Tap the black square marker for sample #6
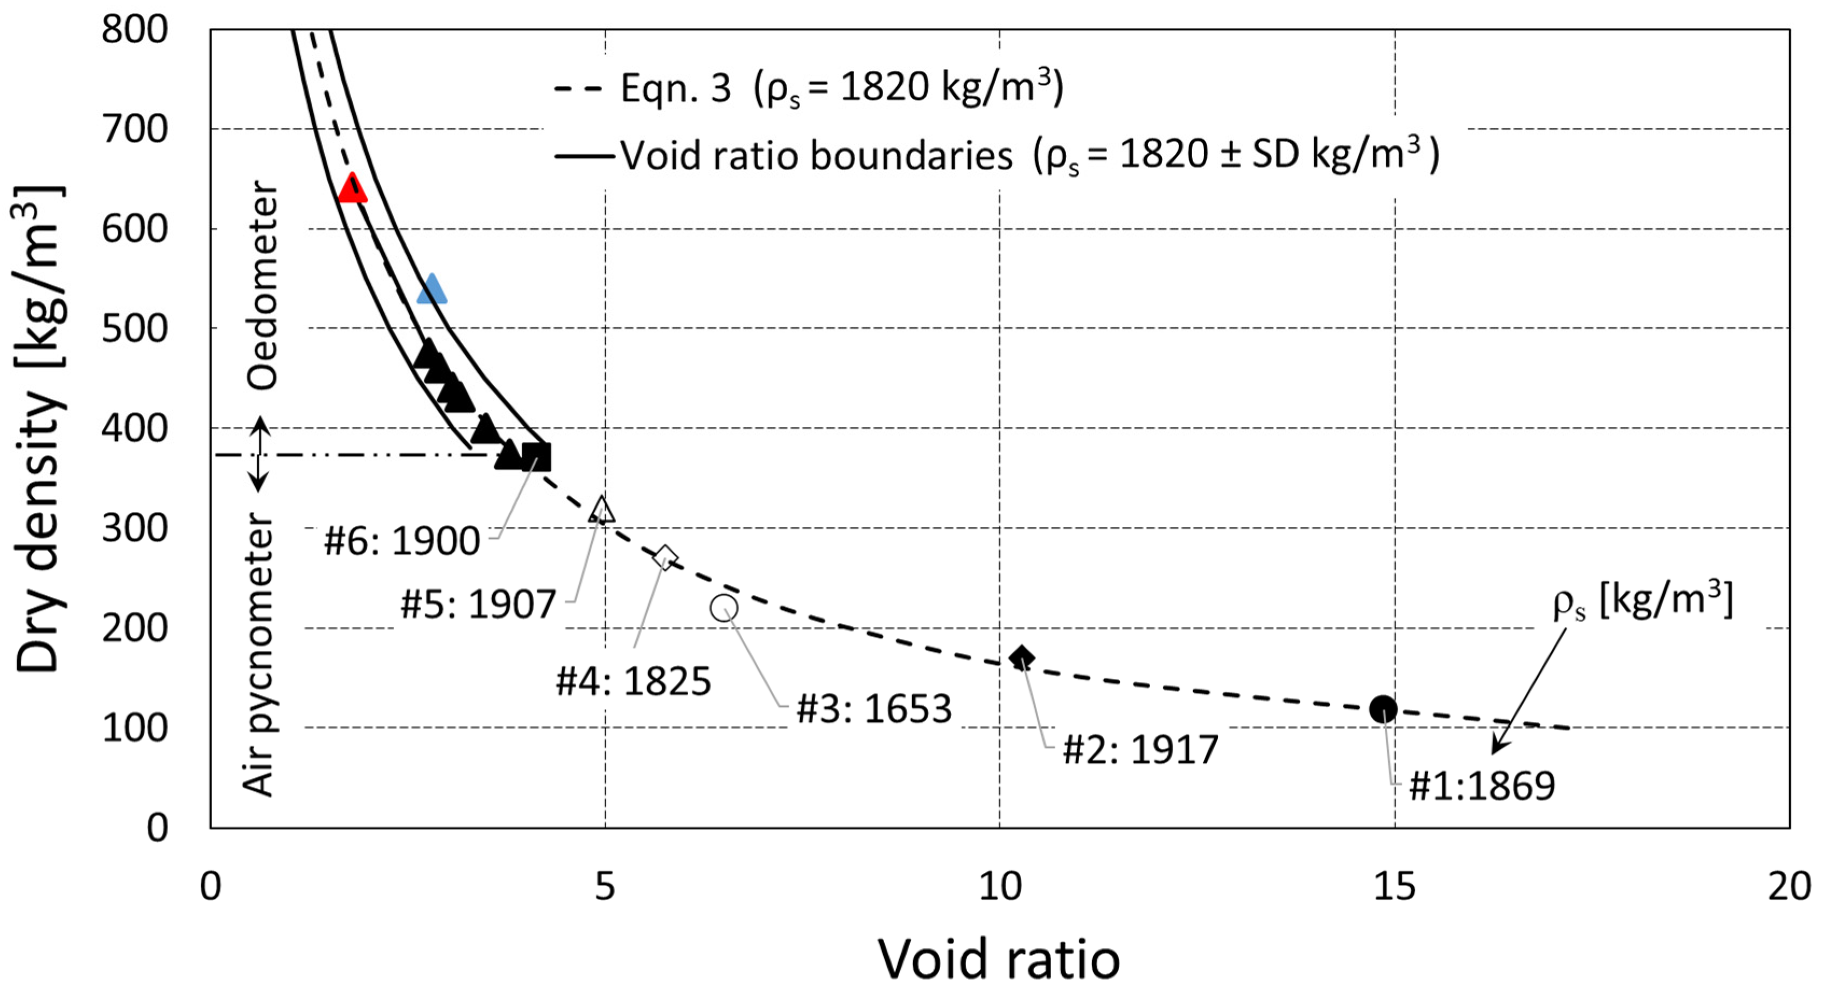click(x=536, y=456)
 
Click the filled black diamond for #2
click(x=1021, y=658)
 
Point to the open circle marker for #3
click(x=724, y=608)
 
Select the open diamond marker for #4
click(x=664, y=558)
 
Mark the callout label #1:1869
click(x=1482, y=786)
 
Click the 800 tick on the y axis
click(x=134, y=30)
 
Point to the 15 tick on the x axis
click(x=1394, y=885)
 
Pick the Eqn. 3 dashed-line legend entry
click(x=806, y=88)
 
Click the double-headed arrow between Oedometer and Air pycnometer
click(x=260, y=454)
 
